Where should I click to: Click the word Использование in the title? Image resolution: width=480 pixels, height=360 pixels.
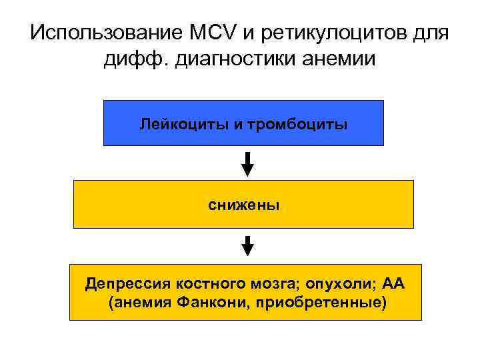pyautogui.click(x=100, y=33)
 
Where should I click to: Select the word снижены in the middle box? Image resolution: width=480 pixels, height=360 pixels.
pyautogui.click(x=243, y=205)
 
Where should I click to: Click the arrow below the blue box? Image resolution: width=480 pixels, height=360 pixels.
pyautogui.click(x=247, y=163)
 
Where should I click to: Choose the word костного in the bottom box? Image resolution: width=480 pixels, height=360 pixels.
pyautogui.click(x=205, y=285)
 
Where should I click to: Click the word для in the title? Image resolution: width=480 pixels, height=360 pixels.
pyautogui.click(x=428, y=33)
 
